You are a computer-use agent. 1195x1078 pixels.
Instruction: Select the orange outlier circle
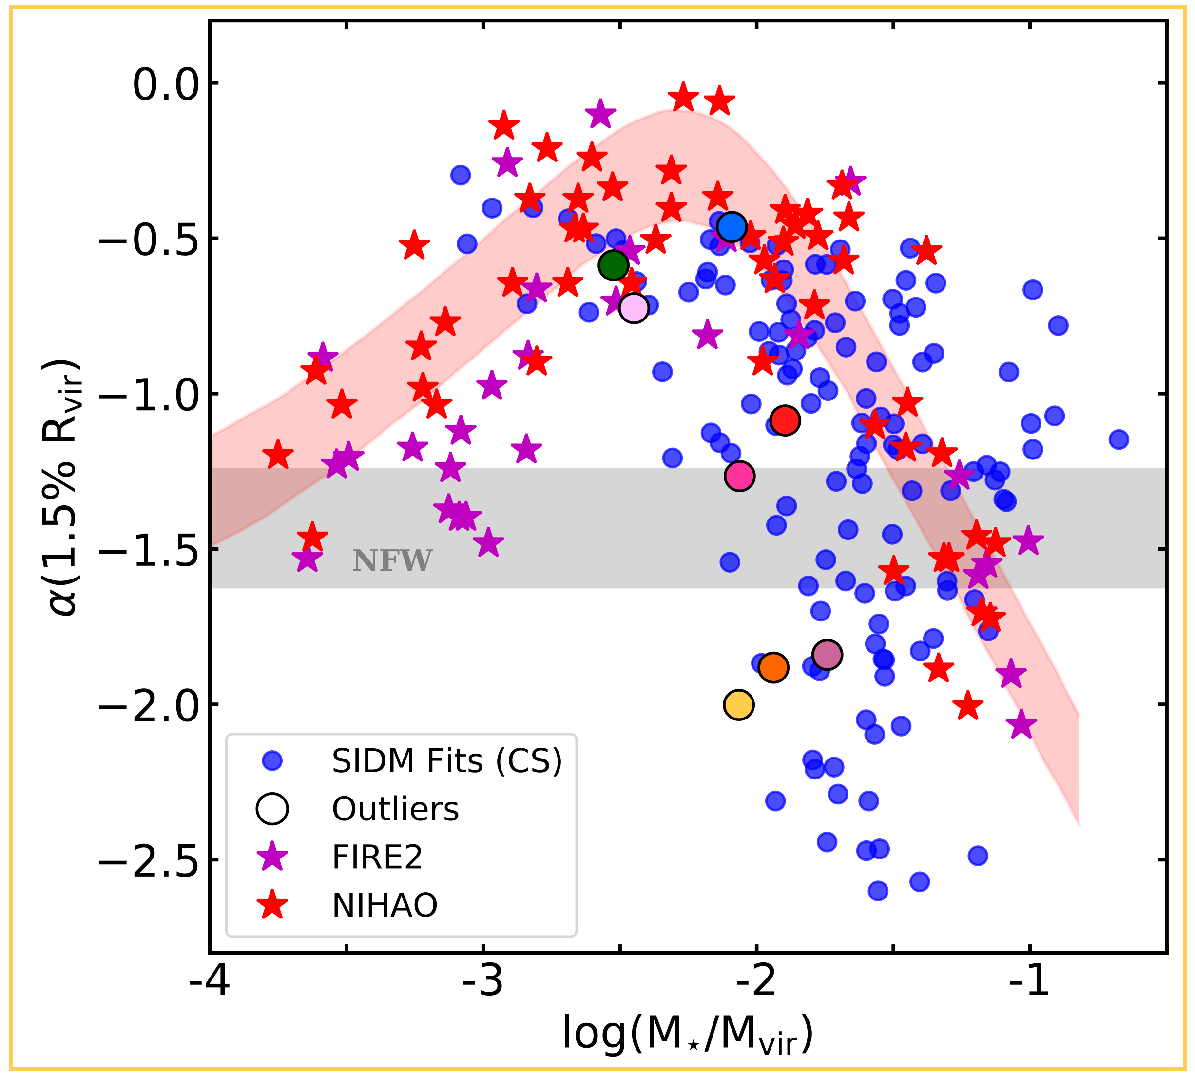773,667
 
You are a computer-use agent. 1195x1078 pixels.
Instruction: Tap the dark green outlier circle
613,265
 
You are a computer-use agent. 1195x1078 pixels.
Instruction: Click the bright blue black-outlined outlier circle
732,226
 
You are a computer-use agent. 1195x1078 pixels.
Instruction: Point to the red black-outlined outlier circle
785,420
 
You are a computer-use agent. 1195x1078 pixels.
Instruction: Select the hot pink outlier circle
739,476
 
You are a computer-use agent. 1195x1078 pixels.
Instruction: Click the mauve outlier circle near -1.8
828,655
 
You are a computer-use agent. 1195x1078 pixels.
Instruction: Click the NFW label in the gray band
392,561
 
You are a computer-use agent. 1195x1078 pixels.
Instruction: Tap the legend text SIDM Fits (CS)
447,761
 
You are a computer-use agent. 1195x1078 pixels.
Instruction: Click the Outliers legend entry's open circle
272,809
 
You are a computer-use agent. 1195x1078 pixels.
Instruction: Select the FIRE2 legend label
377,857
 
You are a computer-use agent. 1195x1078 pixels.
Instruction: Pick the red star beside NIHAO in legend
272,906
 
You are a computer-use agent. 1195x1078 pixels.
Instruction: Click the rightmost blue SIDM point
1118,439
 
